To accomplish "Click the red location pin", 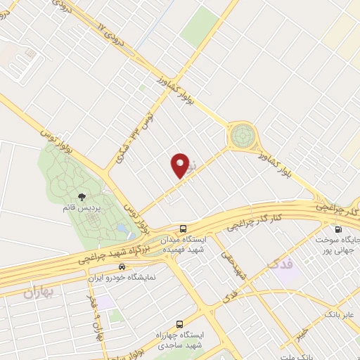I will (181, 165).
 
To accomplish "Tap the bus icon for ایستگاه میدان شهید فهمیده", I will (184, 229).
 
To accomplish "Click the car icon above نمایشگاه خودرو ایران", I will (122, 266).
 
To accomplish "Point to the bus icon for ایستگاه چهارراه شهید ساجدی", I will (180, 324).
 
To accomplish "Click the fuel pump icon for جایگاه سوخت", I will (339, 229).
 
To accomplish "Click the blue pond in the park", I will (124, 229).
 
